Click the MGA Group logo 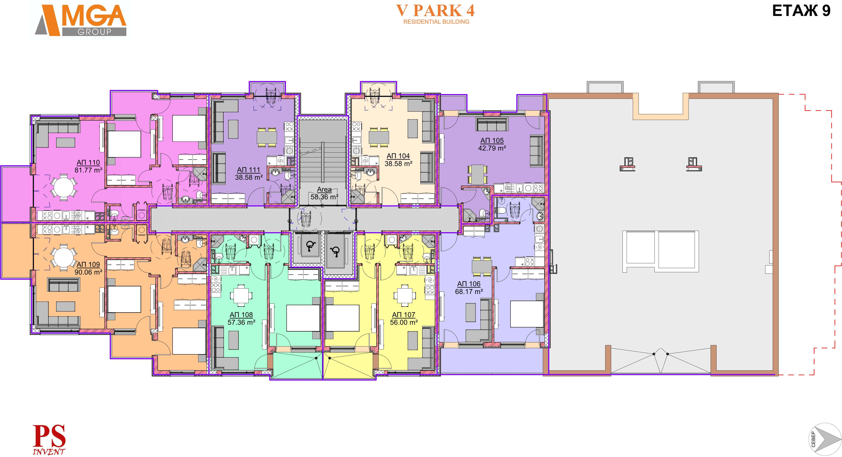click(80, 20)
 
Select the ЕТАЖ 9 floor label click(801, 11)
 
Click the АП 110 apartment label click(88, 162)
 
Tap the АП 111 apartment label click(249, 170)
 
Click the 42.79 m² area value click(492, 148)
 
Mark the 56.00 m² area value click(404, 322)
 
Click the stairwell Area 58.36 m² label click(324, 193)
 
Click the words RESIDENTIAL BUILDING click(436, 22)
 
